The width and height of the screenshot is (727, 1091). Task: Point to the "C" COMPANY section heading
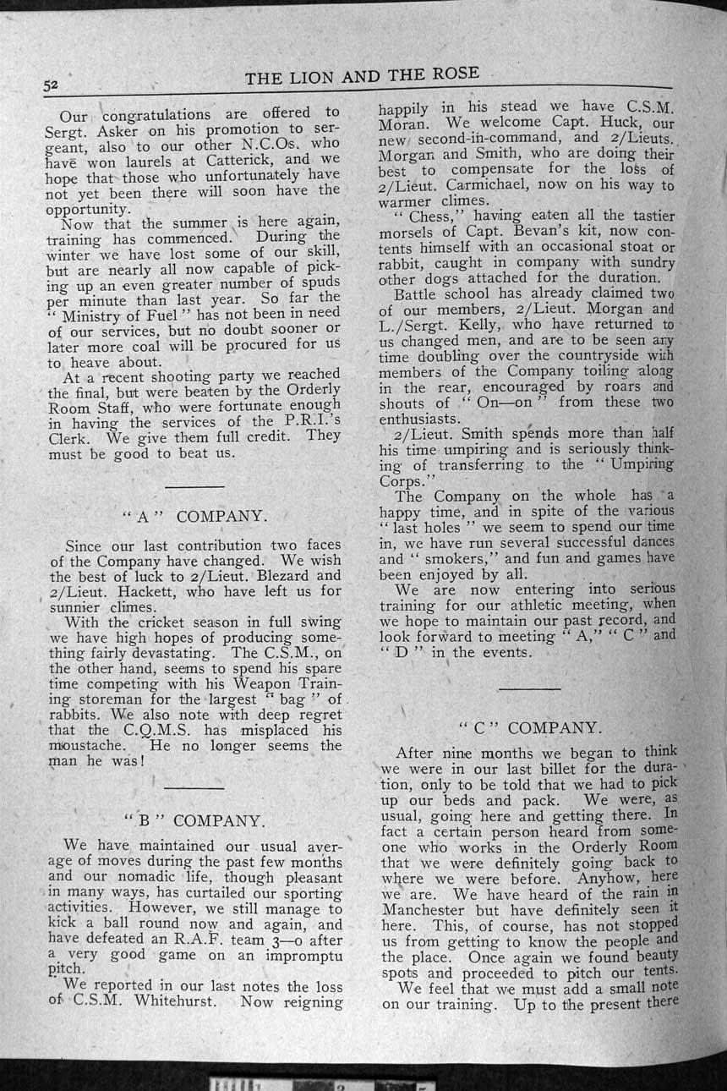pyautogui.click(x=530, y=727)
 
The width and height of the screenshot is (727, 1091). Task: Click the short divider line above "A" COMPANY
pyautogui.click(x=194, y=486)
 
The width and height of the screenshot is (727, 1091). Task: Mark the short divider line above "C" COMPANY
pyautogui.click(x=529, y=688)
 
